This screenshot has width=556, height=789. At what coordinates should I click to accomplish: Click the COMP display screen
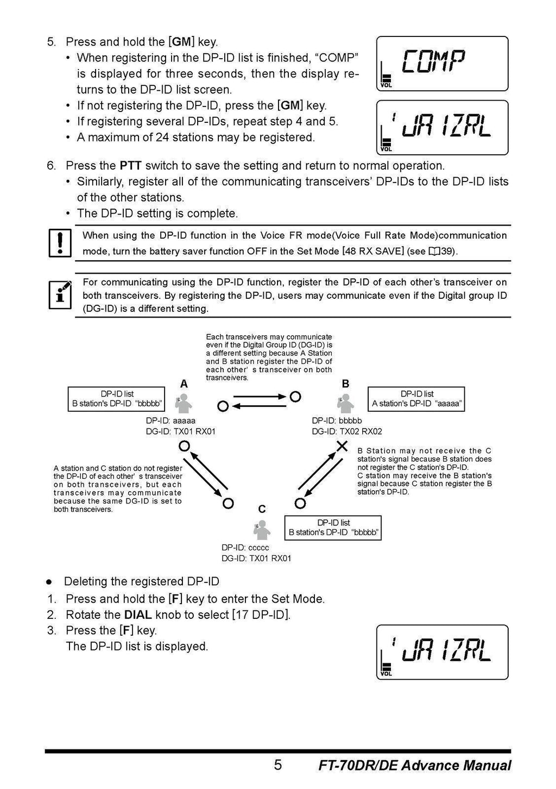(442, 64)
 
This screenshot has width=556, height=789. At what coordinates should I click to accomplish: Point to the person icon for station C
(262, 529)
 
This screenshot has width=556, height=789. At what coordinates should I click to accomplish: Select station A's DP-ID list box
(116, 399)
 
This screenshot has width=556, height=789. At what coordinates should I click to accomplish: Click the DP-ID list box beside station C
(333, 528)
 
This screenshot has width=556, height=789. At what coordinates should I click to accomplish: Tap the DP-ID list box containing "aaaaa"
(416, 399)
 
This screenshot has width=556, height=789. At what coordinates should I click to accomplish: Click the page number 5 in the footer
(278, 765)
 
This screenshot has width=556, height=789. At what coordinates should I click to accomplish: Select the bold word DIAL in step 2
(138, 615)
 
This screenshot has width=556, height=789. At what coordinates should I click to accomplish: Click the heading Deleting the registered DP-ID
(141, 581)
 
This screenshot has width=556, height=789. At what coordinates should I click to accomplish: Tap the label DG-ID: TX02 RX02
(346, 431)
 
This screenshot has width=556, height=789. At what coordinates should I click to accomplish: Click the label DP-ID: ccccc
(245, 548)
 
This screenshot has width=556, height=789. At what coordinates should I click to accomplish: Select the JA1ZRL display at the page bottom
(442, 653)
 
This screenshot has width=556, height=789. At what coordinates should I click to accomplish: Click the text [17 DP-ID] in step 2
(261, 615)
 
